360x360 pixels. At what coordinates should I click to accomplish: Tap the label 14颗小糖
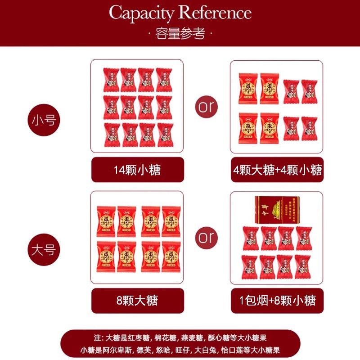pyautogui.click(x=137, y=170)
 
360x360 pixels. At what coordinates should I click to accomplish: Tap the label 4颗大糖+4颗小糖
pyautogui.click(x=277, y=170)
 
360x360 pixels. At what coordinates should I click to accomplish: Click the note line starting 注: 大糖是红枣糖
pyautogui.click(x=180, y=337)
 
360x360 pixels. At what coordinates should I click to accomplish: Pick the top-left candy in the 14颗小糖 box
pyautogui.click(x=111, y=79)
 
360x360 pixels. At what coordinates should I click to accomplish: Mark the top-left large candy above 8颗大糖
pyautogui.click(x=106, y=221)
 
